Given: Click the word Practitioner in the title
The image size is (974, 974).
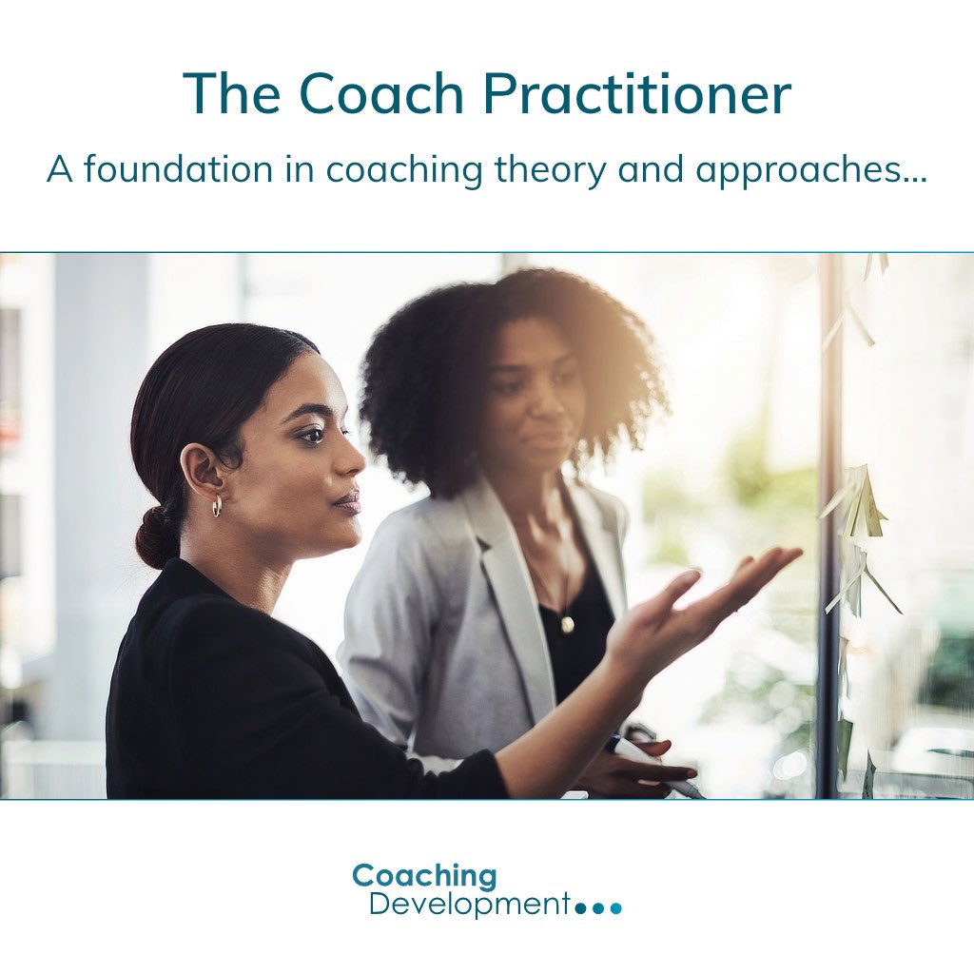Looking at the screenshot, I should (635, 94).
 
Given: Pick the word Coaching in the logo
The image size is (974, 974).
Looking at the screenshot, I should (424, 876).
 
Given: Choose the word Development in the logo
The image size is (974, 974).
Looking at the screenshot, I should (469, 904).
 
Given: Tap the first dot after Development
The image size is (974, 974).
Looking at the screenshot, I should (581, 908).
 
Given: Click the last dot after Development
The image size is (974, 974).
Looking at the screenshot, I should (615, 908).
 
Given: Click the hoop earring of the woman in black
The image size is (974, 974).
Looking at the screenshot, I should (217, 506).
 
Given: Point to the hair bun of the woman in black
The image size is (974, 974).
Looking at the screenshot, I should (156, 537).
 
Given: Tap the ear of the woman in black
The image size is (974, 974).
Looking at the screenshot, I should (203, 471).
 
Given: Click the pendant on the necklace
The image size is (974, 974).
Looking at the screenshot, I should (567, 624).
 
